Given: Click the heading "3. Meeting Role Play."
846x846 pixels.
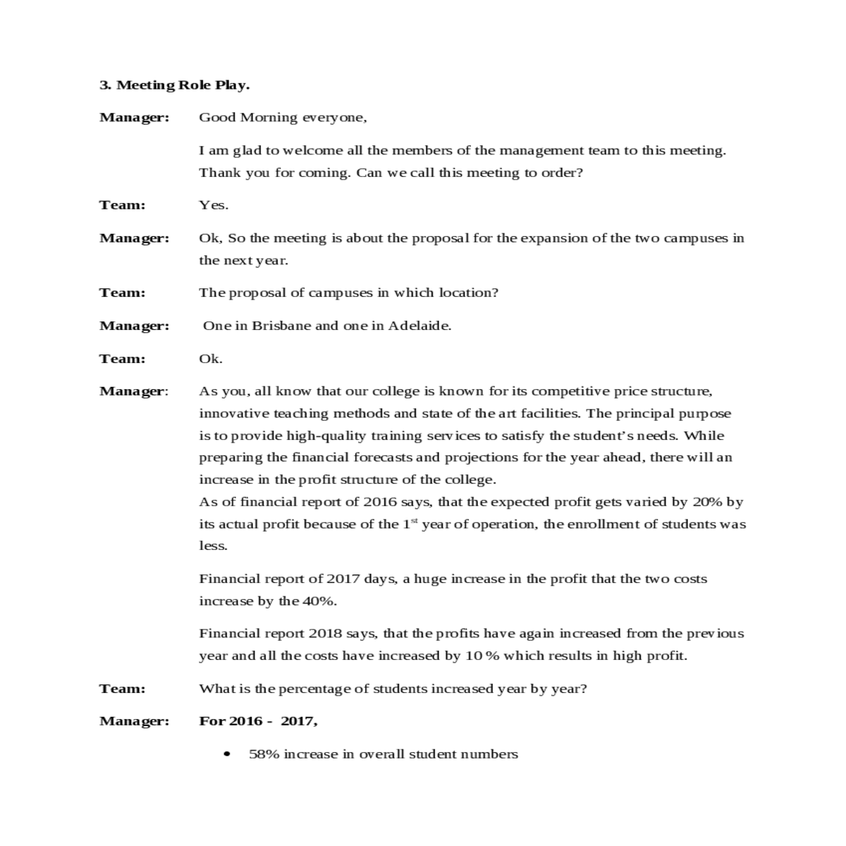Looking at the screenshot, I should click(174, 85).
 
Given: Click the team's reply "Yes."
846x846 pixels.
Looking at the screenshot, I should click(213, 205).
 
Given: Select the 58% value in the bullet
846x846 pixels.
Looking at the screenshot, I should click(264, 754).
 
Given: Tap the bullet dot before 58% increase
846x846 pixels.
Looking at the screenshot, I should click(226, 754).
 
